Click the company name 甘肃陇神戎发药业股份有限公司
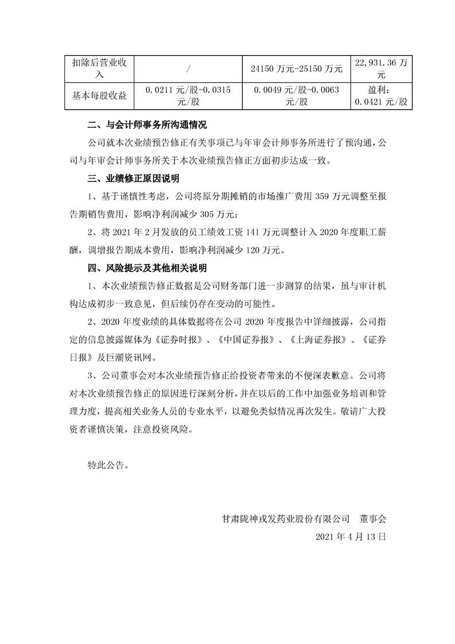click(x=286, y=518)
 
